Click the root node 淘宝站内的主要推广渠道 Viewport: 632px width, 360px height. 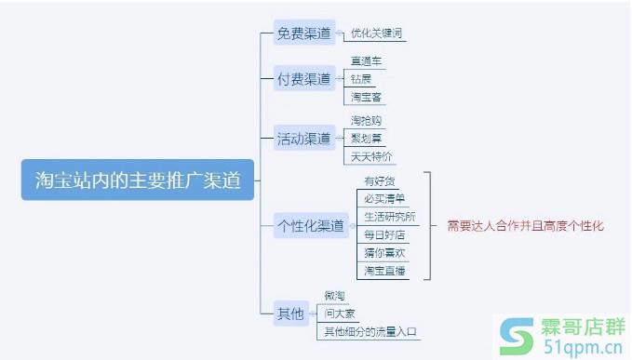click(138, 180)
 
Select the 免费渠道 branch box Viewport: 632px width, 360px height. click(303, 34)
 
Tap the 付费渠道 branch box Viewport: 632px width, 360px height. click(303, 79)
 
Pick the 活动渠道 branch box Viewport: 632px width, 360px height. click(303, 139)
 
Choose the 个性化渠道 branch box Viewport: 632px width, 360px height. click(312, 224)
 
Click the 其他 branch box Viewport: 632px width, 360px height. click(290, 313)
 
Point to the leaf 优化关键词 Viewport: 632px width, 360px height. click(376, 34)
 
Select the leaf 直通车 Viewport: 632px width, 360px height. click(366, 61)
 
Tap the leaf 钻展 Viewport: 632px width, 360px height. click(361, 79)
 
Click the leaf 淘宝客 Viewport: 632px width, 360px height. click(366, 97)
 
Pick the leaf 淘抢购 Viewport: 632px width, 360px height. click(366, 121)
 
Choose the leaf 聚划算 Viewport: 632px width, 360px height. click(366, 139)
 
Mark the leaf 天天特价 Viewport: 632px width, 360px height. click(371, 156)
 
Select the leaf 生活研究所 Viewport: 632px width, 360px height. click(389, 217)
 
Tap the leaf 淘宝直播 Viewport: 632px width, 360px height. click(384, 270)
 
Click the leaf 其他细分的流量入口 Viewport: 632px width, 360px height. click(370, 332)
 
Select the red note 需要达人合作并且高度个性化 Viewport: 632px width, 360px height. click(525, 225)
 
